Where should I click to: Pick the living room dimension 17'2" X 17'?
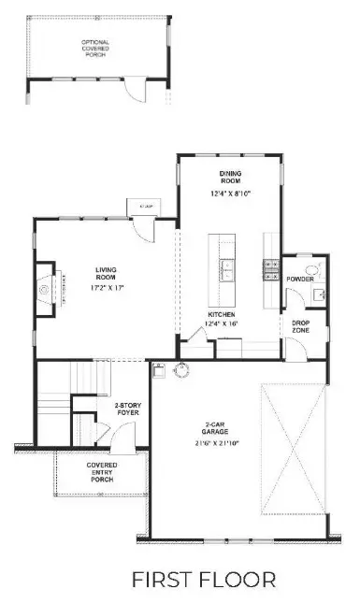[105, 289]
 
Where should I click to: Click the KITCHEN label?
[223, 314]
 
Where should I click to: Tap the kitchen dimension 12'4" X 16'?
[223, 323]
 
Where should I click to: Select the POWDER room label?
[299, 280]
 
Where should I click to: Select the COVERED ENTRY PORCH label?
[101, 472]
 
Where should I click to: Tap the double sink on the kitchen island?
[227, 271]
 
